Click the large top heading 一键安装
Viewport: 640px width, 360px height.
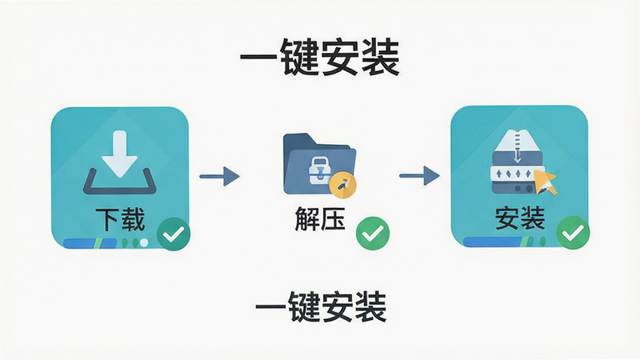pyautogui.click(x=319, y=57)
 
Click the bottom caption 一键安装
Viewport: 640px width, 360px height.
pyautogui.click(x=321, y=307)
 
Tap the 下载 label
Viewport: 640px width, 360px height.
pyautogui.click(x=121, y=219)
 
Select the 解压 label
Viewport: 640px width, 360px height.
pyautogui.click(x=320, y=218)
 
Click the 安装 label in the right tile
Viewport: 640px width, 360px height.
pyautogui.click(x=520, y=218)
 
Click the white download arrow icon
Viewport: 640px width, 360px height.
pyautogui.click(x=119, y=154)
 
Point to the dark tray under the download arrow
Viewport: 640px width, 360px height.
pyautogui.click(x=119, y=185)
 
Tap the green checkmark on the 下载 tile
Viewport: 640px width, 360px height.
pyautogui.click(x=174, y=234)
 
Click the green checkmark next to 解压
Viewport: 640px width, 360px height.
pyautogui.click(x=373, y=233)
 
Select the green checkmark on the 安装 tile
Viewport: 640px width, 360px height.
pyautogui.click(x=573, y=233)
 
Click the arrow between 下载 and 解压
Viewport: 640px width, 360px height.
pyautogui.click(x=219, y=176)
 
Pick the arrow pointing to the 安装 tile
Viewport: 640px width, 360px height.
pyautogui.click(x=419, y=175)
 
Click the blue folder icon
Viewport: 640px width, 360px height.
pyautogui.click(x=319, y=164)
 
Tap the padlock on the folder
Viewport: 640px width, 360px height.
pyautogui.click(x=318, y=169)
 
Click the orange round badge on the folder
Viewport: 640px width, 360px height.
pyautogui.click(x=343, y=186)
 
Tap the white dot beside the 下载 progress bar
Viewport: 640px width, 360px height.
pyautogui.click(x=144, y=243)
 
